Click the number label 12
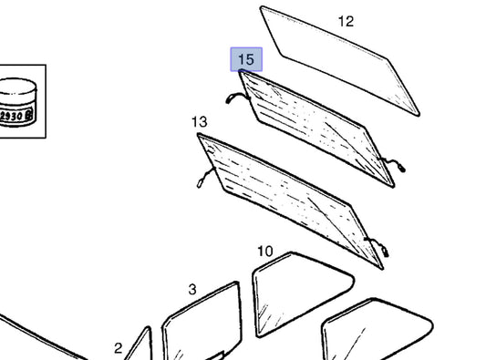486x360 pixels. click(346, 21)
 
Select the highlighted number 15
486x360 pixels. click(246, 59)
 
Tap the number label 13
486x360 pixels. click(200, 122)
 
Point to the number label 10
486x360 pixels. click(265, 252)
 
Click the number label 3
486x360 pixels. click(192, 290)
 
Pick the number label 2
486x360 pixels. click(119, 348)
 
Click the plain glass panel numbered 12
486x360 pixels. click(340, 61)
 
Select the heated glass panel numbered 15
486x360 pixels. click(316, 129)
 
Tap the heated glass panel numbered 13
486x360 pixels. click(290, 201)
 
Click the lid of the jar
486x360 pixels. click(17, 87)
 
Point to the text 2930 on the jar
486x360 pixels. click(12, 116)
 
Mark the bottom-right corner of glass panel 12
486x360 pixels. click(419, 115)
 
